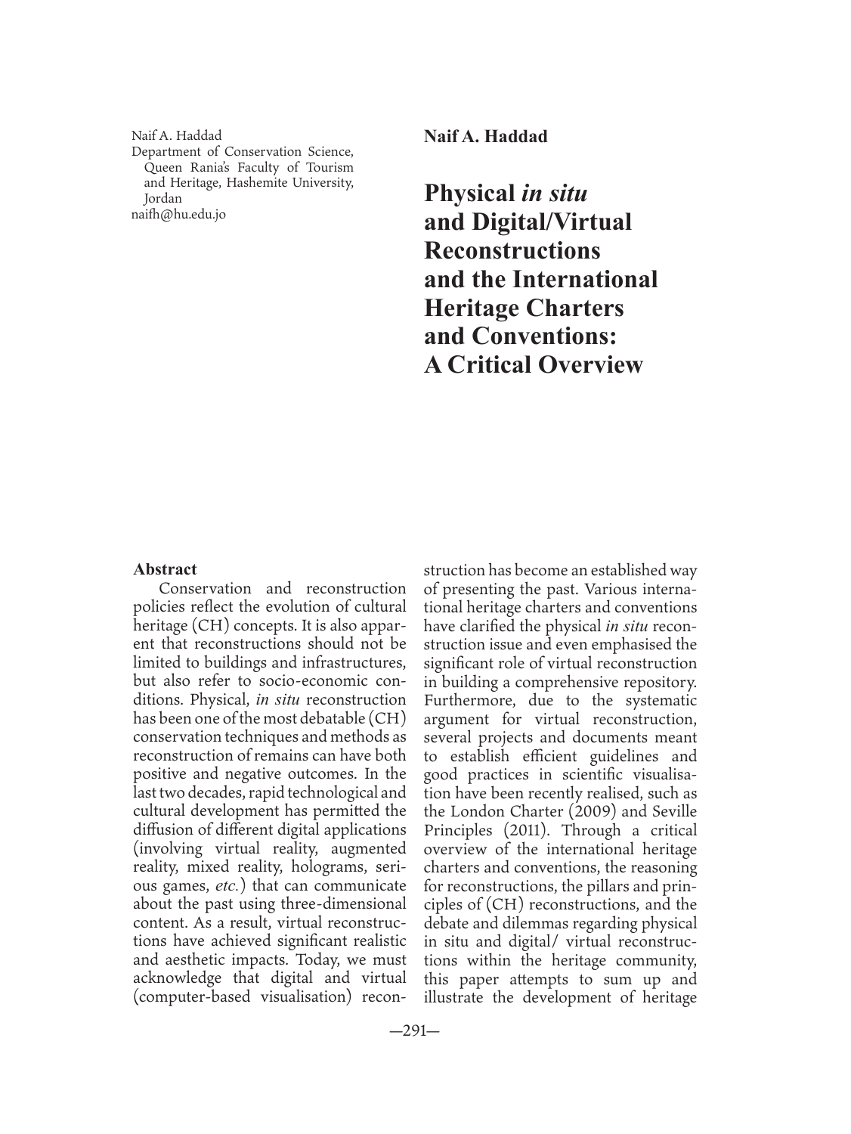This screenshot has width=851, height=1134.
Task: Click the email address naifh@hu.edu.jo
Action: tap(178, 214)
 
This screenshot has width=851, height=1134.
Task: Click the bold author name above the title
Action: tap(485, 137)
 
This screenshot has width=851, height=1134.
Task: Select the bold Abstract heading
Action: tap(165, 569)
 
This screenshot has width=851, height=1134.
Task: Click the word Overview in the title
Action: tap(590, 364)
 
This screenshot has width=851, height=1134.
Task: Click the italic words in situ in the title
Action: tap(554, 193)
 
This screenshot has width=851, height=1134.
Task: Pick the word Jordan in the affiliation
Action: tap(162, 199)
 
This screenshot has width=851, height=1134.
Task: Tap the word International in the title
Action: tap(585, 279)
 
